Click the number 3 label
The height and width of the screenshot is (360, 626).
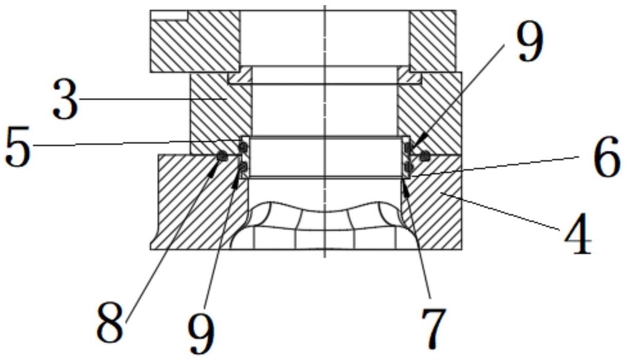pyautogui.click(x=65, y=99)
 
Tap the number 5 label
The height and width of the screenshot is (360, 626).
pyautogui.click(x=17, y=146)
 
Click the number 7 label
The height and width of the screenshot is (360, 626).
pyautogui.click(x=432, y=329)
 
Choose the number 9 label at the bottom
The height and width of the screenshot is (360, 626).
pyautogui.click(x=201, y=333)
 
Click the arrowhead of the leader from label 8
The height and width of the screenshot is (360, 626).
pyautogui.click(x=214, y=169)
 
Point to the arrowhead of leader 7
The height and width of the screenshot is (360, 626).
pyautogui.click(x=406, y=189)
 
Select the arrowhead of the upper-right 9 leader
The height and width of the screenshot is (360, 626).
pyautogui.click(x=419, y=141)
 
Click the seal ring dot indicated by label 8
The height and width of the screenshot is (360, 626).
pyautogui.click(x=223, y=156)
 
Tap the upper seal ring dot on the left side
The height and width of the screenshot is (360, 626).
pyautogui.click(x=243, y=146)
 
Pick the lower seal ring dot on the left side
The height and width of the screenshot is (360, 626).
pyautogui.click(x=243, y=167)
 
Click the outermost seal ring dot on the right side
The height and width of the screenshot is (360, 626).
pyautogui.click(x=425, y=156)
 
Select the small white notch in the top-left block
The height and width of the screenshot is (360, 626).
pyautogui.click(x=169, y=15)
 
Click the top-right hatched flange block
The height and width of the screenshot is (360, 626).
pyautogui.click(x=433, y=41)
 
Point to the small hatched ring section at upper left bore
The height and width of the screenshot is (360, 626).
pyautogui.click(x=240, y=75)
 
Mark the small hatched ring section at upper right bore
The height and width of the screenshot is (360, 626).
pyautogui.click(x=409, y=75)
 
